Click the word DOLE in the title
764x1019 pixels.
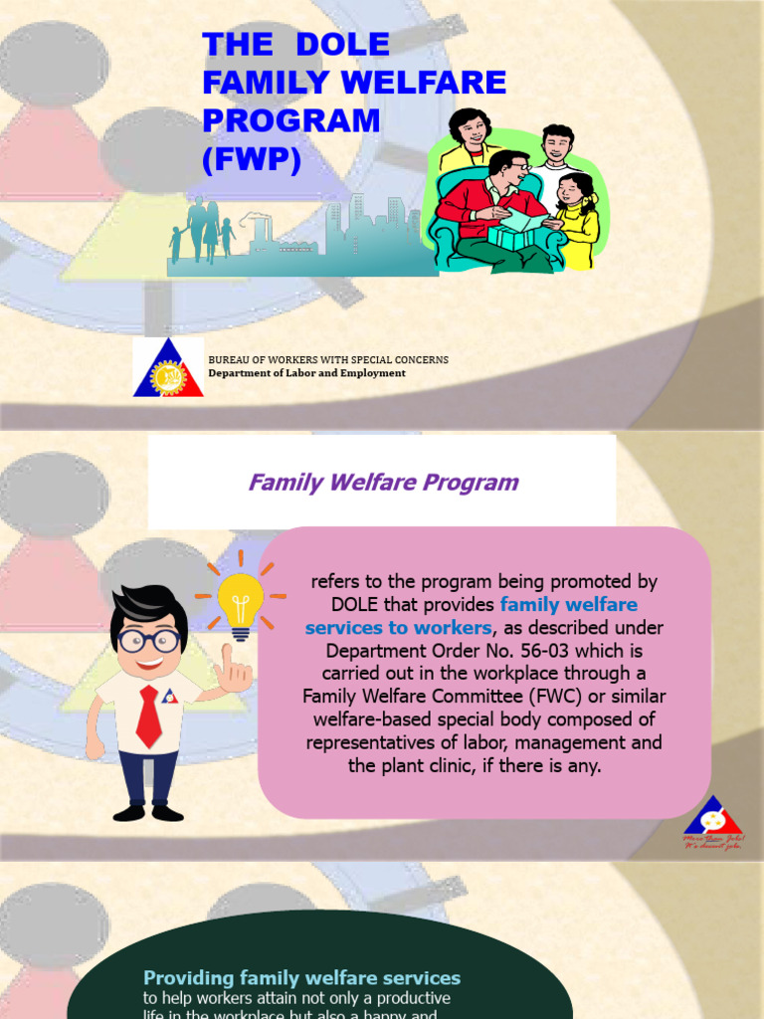(x=341, y=46)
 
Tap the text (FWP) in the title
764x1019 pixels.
(x=251, y=158)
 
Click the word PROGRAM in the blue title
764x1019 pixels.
(x=291, y=120)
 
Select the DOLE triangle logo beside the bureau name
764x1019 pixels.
(x=168, y=368)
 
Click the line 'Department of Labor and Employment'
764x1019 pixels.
(x=306, y=373)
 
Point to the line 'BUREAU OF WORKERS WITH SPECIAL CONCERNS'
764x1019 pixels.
(x=327, y=359)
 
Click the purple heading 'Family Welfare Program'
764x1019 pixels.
(x=383, y=483)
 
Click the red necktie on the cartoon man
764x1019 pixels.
(x=148, y=715)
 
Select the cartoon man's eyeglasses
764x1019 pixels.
(x=149, y=640)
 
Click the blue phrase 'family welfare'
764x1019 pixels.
(x=568, y=605)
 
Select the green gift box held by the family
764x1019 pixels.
(x=517, y=237)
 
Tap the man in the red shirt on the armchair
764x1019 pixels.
(x=492, y=204)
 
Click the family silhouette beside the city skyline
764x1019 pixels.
(x=204, y=231)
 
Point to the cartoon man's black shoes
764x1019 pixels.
(x=148, y=813)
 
